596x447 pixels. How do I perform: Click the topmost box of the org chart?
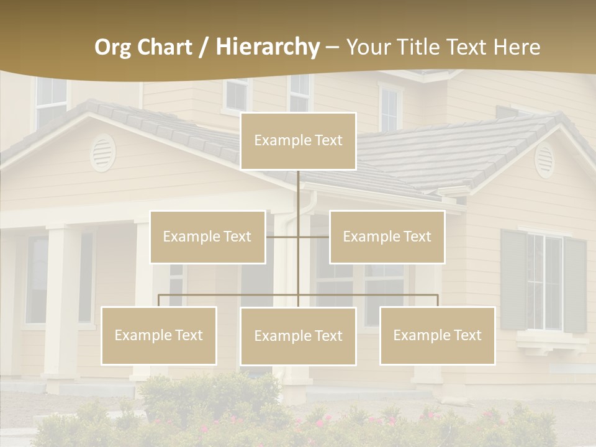click(298, 141)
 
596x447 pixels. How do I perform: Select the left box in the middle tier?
click(207, 237)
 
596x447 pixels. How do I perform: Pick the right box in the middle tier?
click(387, 237)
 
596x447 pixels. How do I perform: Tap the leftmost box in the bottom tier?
click(159, 336)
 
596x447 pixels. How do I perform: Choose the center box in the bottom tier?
click(298, 336)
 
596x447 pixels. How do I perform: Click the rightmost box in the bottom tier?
click(438, 336)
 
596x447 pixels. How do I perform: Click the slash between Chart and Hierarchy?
click(204, 47)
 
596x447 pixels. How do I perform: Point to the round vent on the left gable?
click(102, 153)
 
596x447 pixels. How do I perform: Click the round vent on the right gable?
click(544, 160)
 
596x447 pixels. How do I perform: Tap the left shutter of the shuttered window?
click(513, 279)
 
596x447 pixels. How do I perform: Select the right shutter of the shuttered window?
click(575, 285)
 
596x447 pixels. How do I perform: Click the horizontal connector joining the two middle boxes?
click(298, 237)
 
